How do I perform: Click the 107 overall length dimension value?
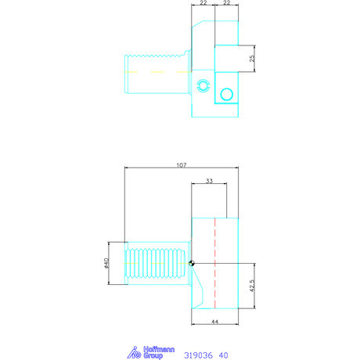pos(182,165)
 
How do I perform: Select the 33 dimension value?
pos(209,181)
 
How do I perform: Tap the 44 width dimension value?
pos(214,322)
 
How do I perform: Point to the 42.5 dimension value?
pos(252,286)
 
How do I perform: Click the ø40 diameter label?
pos(106,263)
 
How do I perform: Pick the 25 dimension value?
pos(252,58)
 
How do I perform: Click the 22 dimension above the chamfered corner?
pos(203,2)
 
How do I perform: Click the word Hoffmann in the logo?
pos(159,349)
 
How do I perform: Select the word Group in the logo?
pos(153,355)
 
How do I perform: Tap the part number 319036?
pos(198,355)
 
